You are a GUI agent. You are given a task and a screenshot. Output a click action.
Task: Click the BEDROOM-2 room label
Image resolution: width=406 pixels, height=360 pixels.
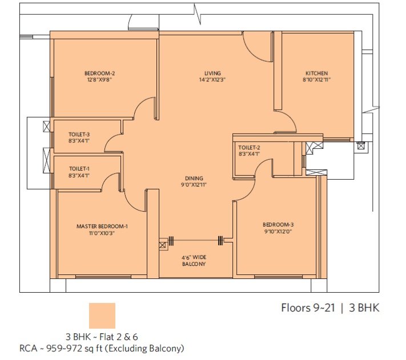point(100,73)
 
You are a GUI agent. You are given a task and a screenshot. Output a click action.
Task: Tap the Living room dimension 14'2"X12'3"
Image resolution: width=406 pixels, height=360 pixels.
point(212,80)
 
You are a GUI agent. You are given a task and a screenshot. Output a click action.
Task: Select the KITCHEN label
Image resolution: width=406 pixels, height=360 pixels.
point(317,73)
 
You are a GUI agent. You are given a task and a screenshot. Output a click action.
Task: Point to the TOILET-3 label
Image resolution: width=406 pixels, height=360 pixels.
point(79,135)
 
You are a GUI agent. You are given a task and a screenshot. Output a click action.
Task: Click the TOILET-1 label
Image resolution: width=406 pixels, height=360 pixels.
point(79,169)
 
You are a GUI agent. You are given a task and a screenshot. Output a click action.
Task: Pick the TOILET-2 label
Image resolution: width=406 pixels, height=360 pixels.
point(249,148)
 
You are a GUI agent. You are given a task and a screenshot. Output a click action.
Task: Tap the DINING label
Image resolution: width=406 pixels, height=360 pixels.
point(194,178)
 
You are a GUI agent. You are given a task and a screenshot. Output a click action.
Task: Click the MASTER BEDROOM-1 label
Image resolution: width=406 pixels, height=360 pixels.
point(102,226)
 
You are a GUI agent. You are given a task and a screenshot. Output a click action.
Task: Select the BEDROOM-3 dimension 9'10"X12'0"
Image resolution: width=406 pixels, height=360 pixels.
point(278,231)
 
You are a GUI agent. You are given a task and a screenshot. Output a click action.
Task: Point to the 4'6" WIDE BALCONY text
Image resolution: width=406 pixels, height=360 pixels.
point(194,261)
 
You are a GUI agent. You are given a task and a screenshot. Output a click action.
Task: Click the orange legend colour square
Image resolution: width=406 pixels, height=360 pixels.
point(102,315)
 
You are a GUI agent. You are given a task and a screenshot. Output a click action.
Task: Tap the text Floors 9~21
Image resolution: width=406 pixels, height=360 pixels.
point(308,308)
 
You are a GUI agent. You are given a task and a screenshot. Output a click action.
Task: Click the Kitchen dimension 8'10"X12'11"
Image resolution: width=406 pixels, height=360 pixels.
point(317,80)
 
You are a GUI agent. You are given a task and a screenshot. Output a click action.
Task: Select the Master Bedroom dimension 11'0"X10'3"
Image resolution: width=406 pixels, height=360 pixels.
point(102,233)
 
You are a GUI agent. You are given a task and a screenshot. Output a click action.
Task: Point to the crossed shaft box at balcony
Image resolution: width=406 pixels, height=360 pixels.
point(162,245)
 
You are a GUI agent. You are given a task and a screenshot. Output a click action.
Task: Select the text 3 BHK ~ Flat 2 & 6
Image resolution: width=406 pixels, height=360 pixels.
point(102,337)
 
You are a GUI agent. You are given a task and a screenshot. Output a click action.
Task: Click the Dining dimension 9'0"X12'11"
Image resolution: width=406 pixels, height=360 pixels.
point(194,185)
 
